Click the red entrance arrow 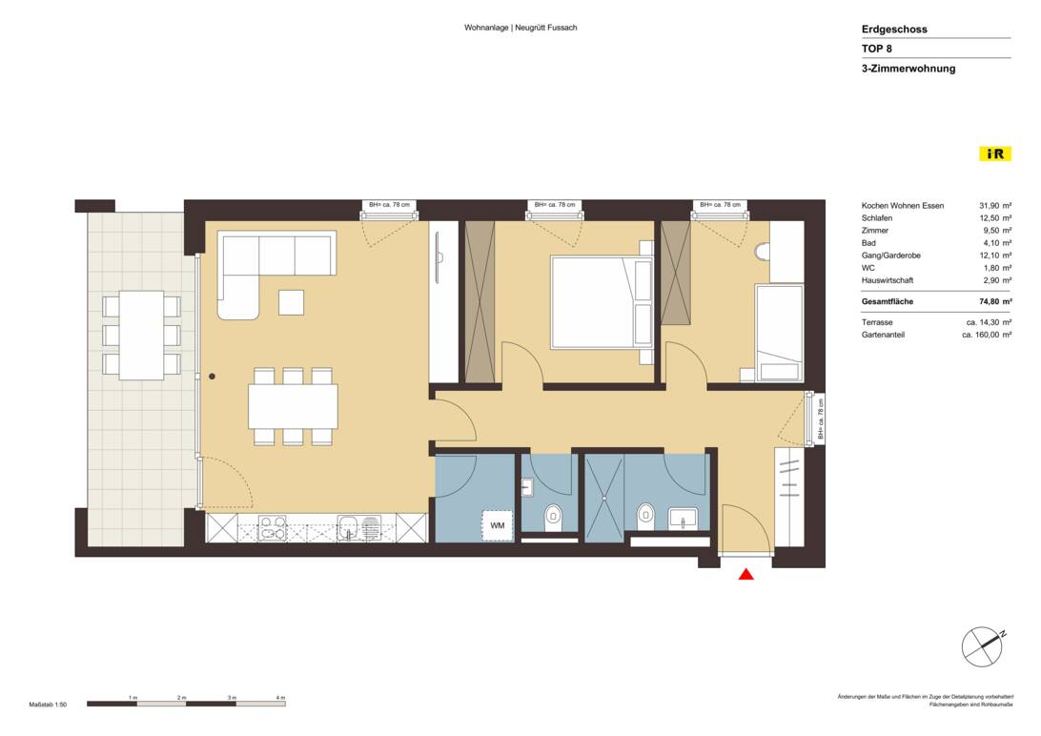tap(746, 574)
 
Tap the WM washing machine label tap(498, 525)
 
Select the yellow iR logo tap(995, 153)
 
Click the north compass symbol tap(983, 647)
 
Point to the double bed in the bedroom tap(601, 302)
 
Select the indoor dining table tap(293, 406)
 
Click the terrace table tap(141, 335)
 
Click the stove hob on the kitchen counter tap(274, 527)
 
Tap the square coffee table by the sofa tap(292, 302)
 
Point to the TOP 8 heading tap(877, 49)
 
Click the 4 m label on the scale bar tap(280, 698)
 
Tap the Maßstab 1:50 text tap(48, 705)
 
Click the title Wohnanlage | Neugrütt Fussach tap(520, 28)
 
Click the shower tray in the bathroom tap(604, 499)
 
